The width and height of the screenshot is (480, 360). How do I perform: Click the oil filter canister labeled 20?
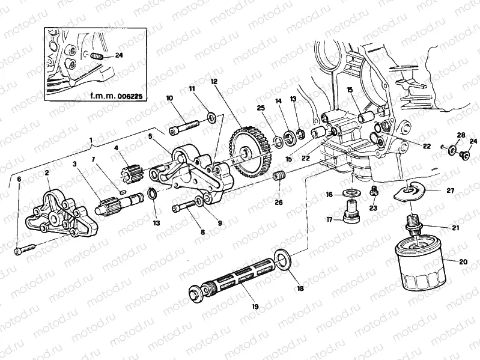pos(421,264)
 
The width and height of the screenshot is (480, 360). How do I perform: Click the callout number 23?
pos(374,209)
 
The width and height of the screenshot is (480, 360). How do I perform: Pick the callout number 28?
pos(460,135)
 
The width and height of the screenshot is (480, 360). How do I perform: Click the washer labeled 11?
pos(211,117)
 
